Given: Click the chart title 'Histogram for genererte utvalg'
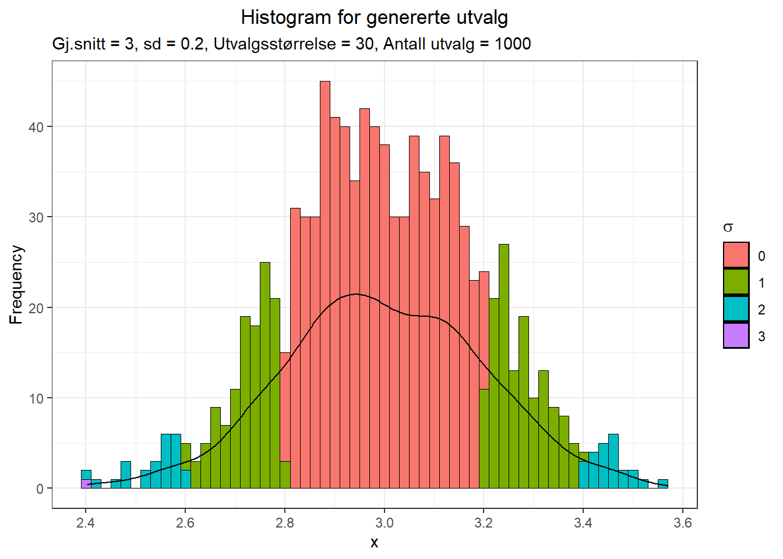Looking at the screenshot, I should pyautogui.click(x=374, y=17).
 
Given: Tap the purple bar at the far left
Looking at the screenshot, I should pyautogui.click(x=86, y=484).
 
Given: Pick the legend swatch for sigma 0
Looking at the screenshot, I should pyautogui.click(x=736, y=255).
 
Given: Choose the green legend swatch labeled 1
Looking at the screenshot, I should pyautogui.click(x=736, y=282).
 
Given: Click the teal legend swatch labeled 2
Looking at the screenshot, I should pyautogui.click(x=736, y=309).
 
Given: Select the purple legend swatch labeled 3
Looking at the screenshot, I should pyautogui.click(x=736, y=336).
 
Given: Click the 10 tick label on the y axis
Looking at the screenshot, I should pyautogui.click(x=36, y=399).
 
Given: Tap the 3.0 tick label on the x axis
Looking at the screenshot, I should pyautogui.click(x=384, y=523).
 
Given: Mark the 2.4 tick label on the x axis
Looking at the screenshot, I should pyautogui.click(x=86, y=523).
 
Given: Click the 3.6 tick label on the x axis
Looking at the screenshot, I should pyautogui.click(x=682, y=523).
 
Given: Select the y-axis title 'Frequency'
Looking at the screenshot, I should pyautogui.click(x=16, y=284).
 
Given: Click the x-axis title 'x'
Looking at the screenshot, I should pyautogui.click(x=374, y=543).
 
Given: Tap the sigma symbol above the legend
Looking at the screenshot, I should pyautogui.click(x=728, y=228).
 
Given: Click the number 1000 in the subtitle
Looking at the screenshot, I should pyautogui.click(x=513, y=44).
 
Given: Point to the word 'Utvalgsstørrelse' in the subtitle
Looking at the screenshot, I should pyautogui.click(x=274, y=44).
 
